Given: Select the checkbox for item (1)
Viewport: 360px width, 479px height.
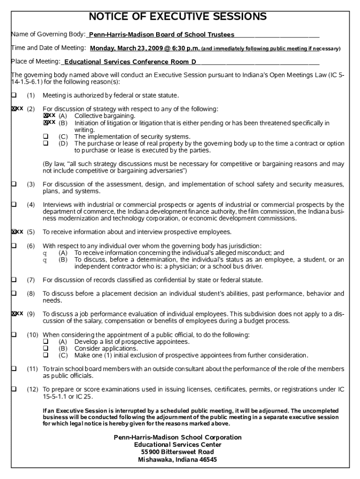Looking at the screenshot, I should [x=14, y=95].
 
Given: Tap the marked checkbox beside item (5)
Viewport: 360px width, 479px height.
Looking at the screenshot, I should [x=14, y=232].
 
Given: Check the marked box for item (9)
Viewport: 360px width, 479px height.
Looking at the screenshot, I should [x=14, y=313].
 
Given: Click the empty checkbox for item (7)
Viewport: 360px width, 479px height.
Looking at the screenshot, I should [x=14, y=280].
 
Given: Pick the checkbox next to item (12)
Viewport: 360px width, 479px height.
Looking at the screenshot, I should [x=14, y=389].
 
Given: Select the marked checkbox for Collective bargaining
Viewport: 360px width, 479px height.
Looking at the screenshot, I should [x=46, y=116].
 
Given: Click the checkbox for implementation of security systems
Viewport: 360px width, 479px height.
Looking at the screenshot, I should [x=46, y=137].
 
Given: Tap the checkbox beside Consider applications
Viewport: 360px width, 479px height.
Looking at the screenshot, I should [x=46, y=348].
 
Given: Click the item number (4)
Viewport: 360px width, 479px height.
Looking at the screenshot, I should [x=31, y=204].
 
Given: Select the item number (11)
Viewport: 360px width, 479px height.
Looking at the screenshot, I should [x=32, y=369].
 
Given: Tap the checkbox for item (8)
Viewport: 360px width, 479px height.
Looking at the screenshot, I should [x=14, y=294].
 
